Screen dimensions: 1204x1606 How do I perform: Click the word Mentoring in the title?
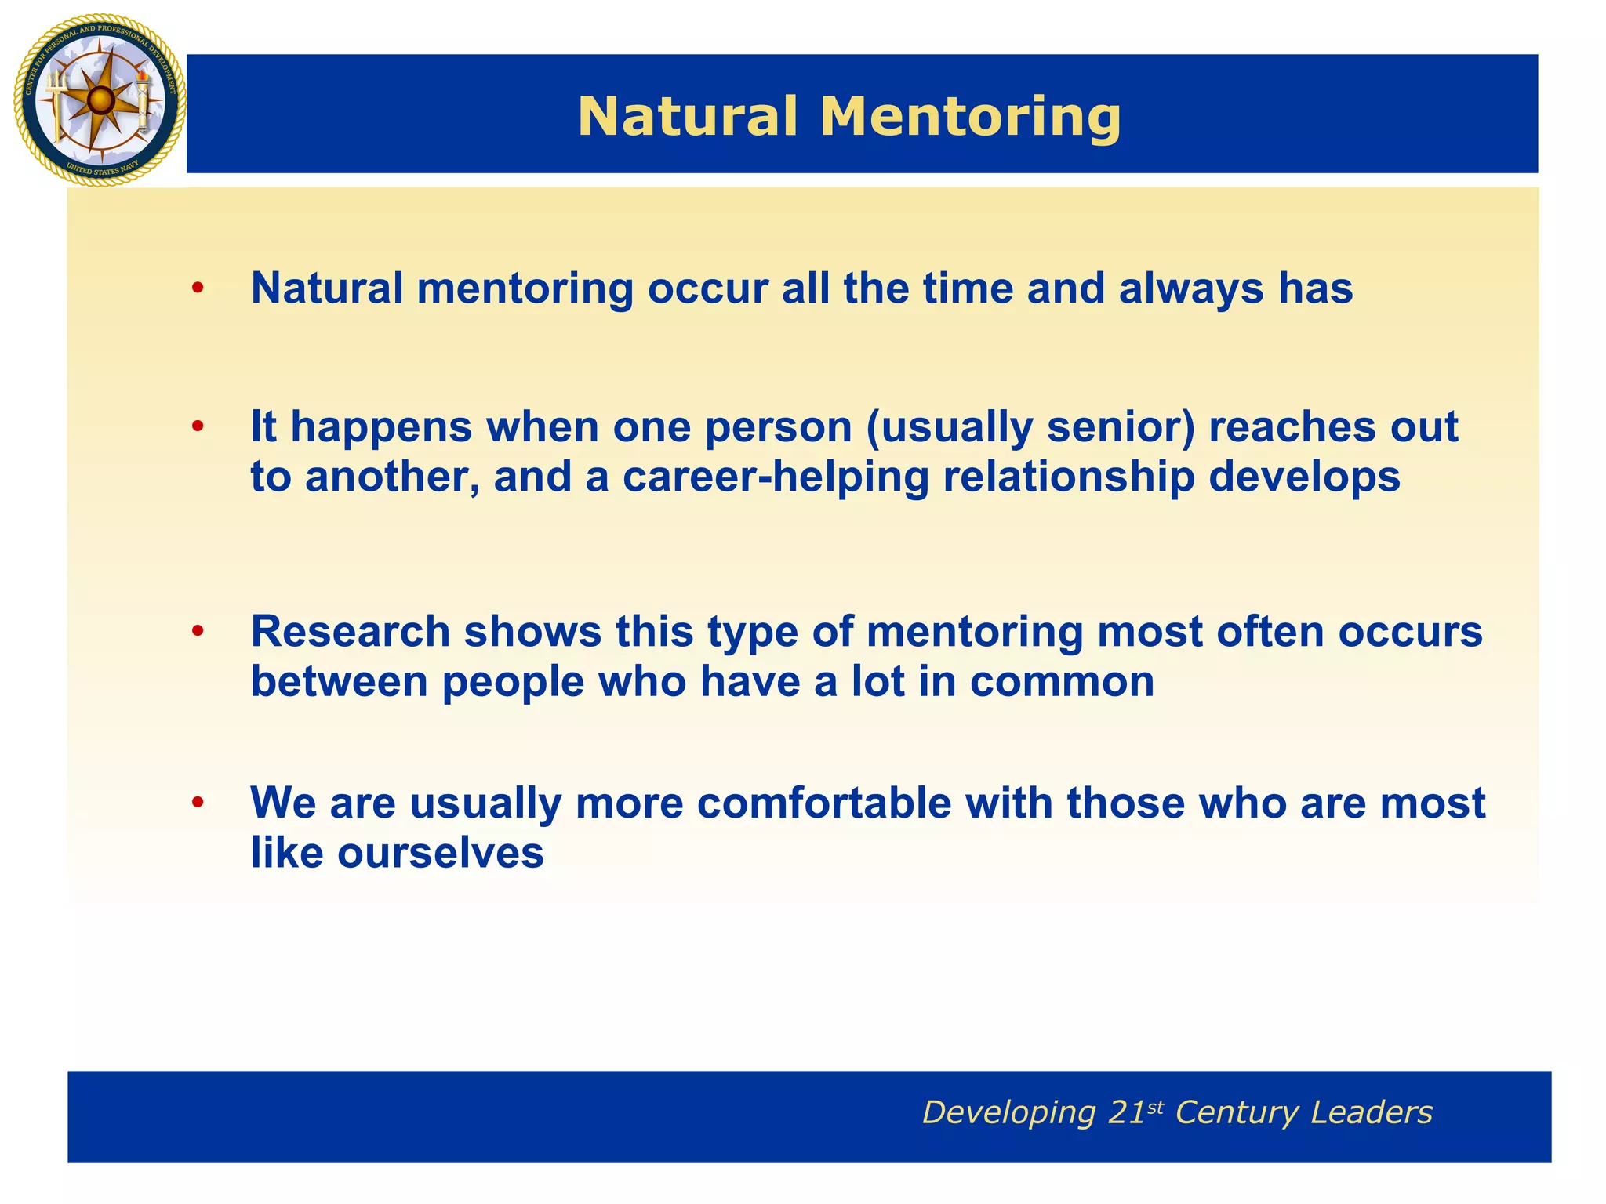click(970, 117)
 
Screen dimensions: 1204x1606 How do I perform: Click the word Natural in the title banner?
click(688, 117)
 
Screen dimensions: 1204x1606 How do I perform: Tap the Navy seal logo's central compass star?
click(100, 100)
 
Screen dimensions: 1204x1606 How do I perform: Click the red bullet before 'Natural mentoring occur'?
click(198, 289)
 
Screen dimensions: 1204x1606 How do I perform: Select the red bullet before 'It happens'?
click(198, 427)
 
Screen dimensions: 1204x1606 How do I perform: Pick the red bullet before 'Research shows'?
click(198, 631)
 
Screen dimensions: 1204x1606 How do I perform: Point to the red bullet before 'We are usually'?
click(198, 803)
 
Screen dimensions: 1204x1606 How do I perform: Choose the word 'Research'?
click(350, 631)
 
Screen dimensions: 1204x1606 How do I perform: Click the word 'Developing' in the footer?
click(1008, 1112)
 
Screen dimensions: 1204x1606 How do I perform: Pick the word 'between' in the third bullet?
click(340, 681)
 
